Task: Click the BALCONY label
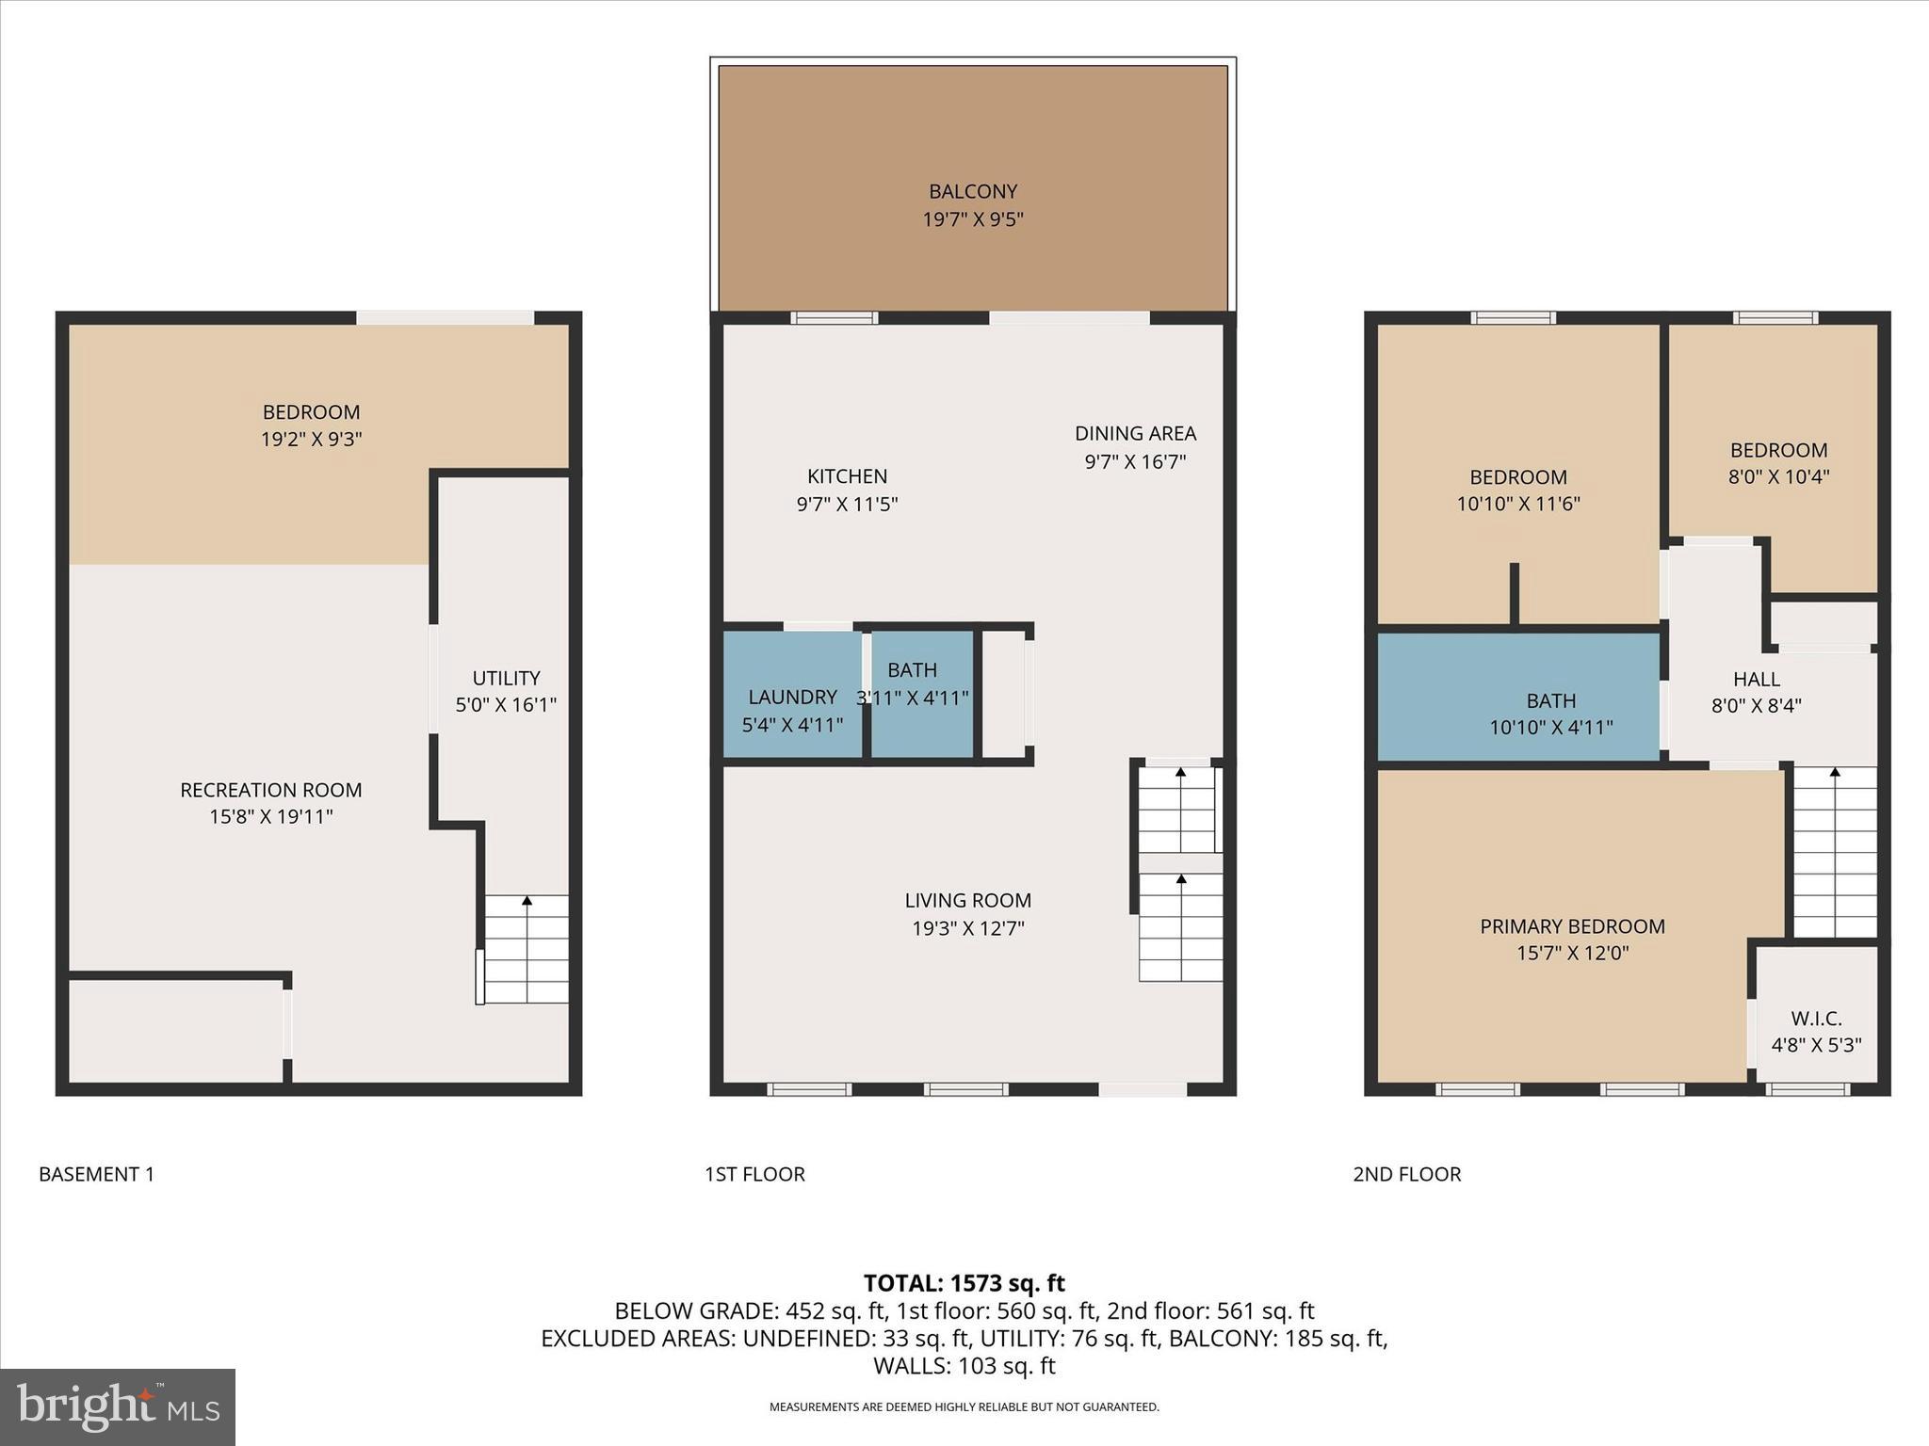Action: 973,192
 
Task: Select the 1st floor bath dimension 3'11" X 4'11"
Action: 912,698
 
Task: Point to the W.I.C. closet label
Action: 1816,1019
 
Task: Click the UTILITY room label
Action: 506,678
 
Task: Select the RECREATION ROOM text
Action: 271,790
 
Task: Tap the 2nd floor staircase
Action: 1835,852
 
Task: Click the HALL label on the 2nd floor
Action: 1756,679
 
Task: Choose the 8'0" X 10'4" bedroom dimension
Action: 1778,477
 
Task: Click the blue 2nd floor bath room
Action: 1517,697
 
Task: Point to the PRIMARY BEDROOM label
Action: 1572,926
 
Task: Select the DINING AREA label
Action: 1135,434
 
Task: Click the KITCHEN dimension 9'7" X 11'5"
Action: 847,505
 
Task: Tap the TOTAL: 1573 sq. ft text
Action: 964,1283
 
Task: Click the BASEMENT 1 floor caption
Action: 96,1174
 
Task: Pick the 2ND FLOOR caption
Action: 1406,1174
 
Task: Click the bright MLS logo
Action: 118,1406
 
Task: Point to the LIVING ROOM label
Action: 967,901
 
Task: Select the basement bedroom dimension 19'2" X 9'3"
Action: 311,440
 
